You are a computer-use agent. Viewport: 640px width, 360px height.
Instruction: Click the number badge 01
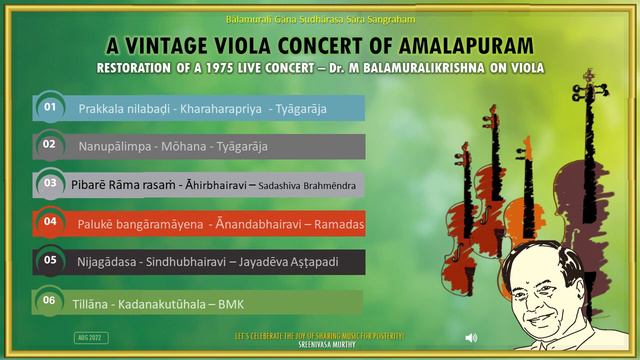tap(47, 106)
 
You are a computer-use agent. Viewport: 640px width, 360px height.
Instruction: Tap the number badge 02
tap(47, 144)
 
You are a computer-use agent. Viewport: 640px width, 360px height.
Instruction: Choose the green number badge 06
tap(48, 299)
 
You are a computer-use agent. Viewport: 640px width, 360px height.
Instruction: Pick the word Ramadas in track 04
tap(339, 224)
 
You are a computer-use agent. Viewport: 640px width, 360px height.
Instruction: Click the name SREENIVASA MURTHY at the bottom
tap(319, 341)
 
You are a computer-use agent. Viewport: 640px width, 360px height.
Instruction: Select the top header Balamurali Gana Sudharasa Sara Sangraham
tap(319, 19)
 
